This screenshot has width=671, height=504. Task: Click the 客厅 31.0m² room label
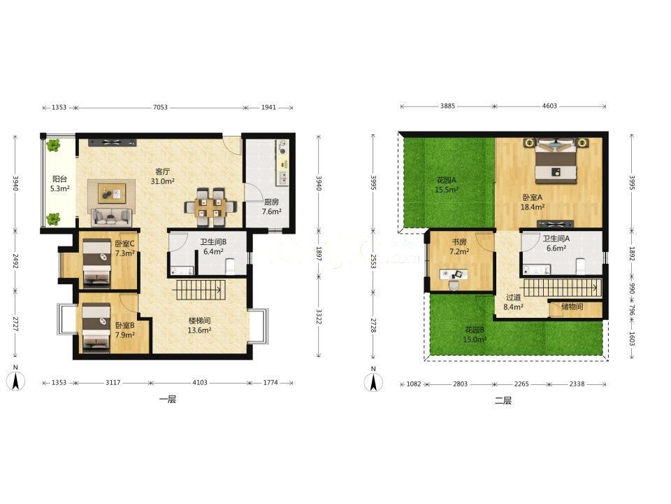[163, 176]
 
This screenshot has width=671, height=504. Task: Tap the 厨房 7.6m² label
[272, 206]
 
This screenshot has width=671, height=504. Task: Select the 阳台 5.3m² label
[59, 183]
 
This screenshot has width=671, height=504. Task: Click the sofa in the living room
[111, 216]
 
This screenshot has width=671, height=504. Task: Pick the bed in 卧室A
[556, 159]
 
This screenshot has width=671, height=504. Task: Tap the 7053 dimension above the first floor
[161, 108]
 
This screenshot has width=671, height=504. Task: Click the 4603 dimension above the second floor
[549, 106]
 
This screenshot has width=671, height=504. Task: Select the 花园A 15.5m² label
[447, 185]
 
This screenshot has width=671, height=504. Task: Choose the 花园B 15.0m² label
[475, 335]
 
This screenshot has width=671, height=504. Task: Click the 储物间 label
[572, 307]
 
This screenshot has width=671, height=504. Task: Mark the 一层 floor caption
[167, 400]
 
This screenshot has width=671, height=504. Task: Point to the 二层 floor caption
[503, 401]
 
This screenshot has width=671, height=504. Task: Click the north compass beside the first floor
[15, 379]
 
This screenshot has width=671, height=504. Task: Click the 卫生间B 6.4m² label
[213, 246]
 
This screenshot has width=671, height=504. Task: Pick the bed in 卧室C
[96, 262]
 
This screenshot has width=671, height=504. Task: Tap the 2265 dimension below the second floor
[521, 384]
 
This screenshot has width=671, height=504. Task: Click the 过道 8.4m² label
[513, 302]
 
